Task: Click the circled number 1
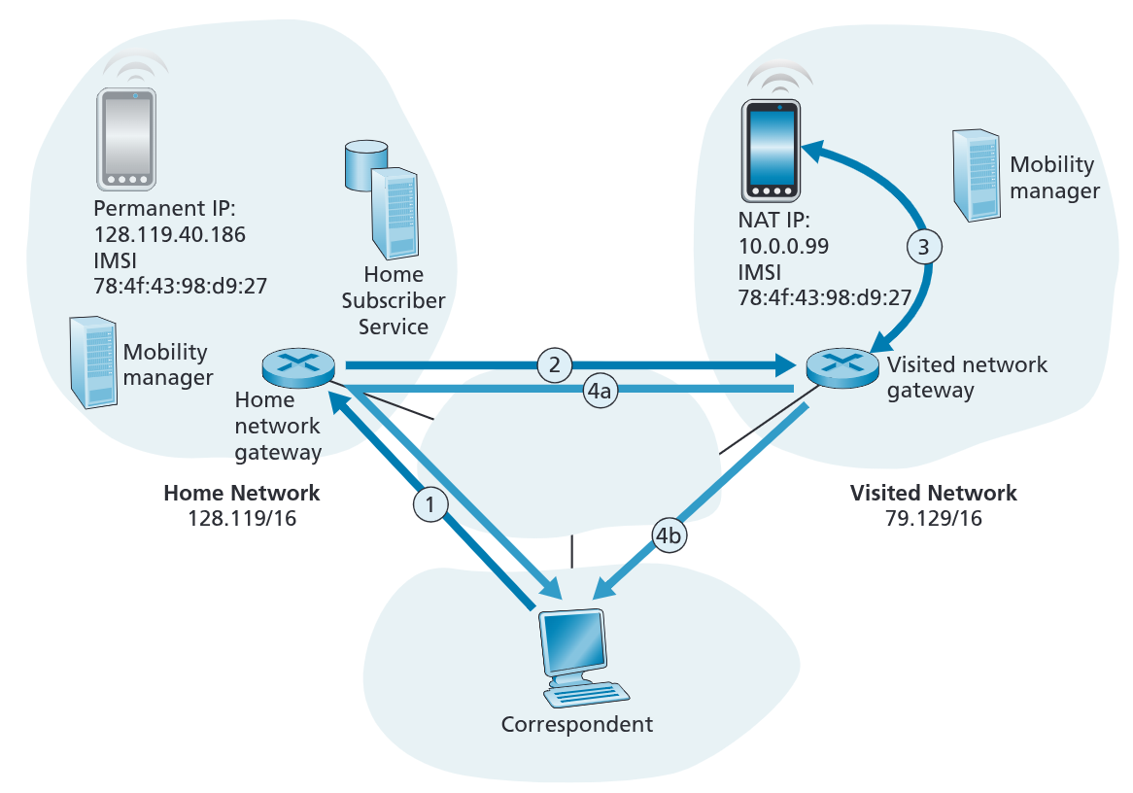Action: [431, 503]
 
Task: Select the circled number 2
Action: [554, 365]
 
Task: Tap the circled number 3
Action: [924, 248]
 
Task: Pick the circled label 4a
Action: [599, 392]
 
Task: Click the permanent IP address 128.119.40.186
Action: [170, 234]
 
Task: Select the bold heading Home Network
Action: [242, 494]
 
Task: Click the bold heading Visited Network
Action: [933, 493]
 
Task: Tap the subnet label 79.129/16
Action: [933, 519]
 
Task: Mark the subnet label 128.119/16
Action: [242, 519]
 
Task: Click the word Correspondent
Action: [577, 724]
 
